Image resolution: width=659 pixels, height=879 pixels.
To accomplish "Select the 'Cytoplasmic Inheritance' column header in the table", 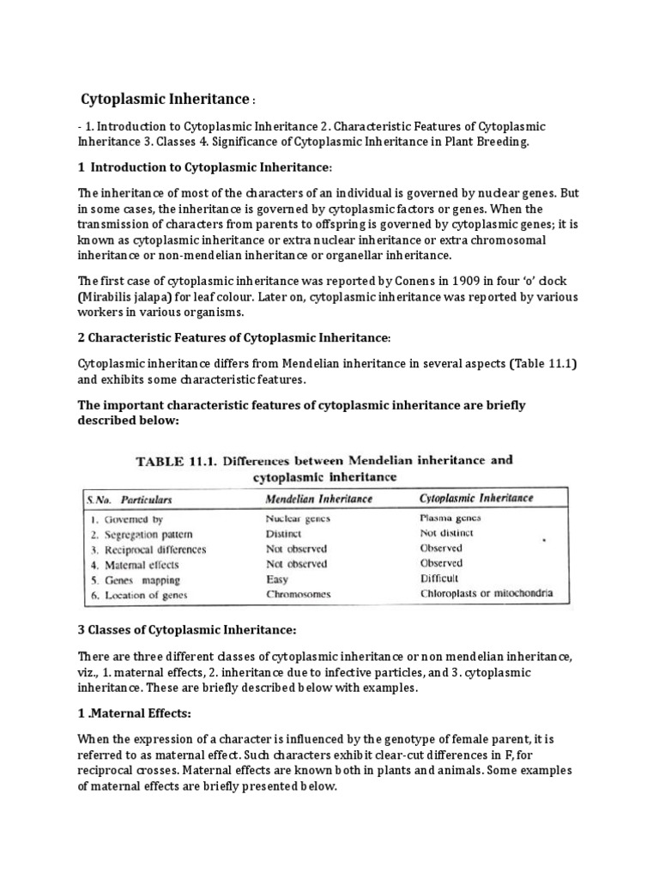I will tap(476, 498).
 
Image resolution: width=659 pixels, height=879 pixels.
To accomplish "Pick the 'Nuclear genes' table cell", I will tap(298, 518).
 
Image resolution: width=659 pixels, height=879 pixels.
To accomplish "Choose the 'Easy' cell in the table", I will tap(279, 579).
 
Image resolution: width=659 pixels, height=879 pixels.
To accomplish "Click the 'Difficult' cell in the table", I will tap(440, 579).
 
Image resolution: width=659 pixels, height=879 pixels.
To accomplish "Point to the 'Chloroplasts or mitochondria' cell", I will tap(487, 594).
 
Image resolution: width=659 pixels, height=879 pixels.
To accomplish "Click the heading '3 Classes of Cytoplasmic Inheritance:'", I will tap(186, 631).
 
